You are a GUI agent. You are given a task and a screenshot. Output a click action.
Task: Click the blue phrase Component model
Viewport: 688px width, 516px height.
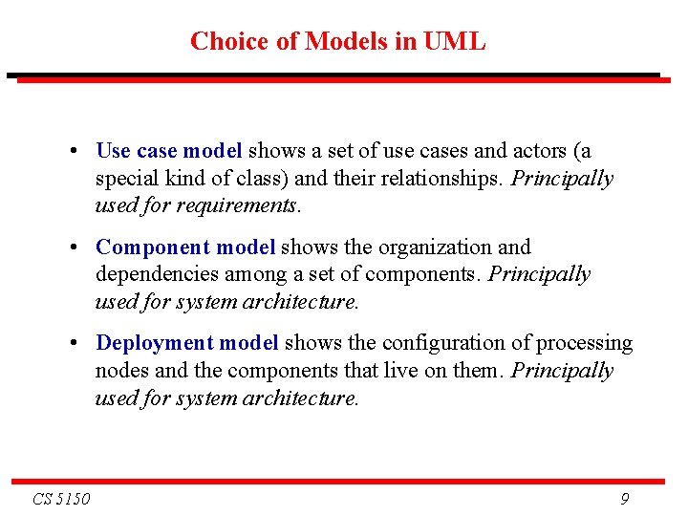point(185,247)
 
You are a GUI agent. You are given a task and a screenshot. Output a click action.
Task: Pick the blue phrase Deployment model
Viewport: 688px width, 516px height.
point(187,343)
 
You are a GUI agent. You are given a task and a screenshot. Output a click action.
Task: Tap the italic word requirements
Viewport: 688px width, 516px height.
point(242,206)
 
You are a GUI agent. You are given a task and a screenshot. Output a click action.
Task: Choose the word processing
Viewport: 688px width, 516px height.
point(586,343)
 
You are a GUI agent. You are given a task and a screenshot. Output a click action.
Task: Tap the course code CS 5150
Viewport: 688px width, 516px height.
point(61,498)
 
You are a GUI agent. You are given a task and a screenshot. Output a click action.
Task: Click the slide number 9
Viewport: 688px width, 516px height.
point(624,498)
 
